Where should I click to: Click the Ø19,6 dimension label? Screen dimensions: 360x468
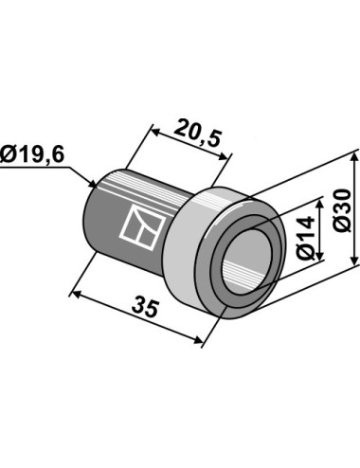point(32,154)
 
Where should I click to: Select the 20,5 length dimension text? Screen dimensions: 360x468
point(198,133)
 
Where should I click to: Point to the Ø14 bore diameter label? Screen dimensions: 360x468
point(306,237)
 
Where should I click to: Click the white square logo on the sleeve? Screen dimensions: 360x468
point(143,227)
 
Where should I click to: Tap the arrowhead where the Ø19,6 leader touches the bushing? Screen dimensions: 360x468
point(92,184)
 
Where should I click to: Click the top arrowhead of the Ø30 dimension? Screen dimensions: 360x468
point(355,159)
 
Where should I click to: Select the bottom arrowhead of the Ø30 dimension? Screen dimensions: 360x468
point(355,260)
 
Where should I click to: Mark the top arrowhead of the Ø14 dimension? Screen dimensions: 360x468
point(320,205)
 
